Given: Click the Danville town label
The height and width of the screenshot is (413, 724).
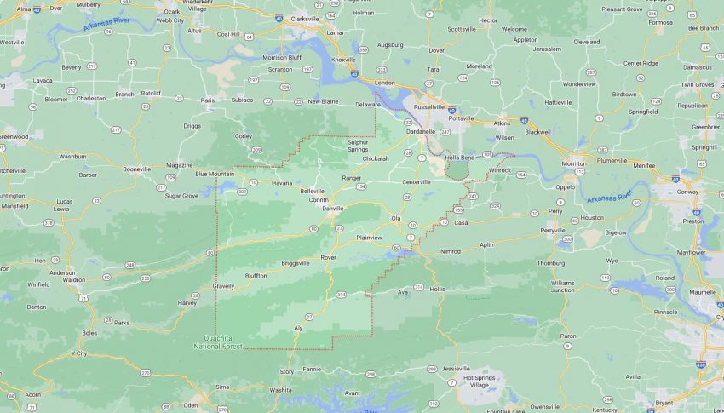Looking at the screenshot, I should (331, 208).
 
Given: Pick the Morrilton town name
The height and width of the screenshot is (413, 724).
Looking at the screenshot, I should (568, 163).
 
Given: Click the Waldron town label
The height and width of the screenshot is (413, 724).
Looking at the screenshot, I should (74, 279).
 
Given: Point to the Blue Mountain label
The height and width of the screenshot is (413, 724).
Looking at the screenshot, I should (214, 174).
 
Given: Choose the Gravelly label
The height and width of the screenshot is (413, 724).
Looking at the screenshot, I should (223, 286).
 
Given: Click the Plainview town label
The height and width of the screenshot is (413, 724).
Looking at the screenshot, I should (371, 238).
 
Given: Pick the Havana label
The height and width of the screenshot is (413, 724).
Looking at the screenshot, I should (282, 183).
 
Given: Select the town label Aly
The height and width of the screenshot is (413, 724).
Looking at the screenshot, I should (298, 328).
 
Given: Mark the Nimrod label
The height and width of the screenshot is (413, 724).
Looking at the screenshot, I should (450, 251).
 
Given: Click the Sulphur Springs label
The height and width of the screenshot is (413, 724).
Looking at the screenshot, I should (358, 145).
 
